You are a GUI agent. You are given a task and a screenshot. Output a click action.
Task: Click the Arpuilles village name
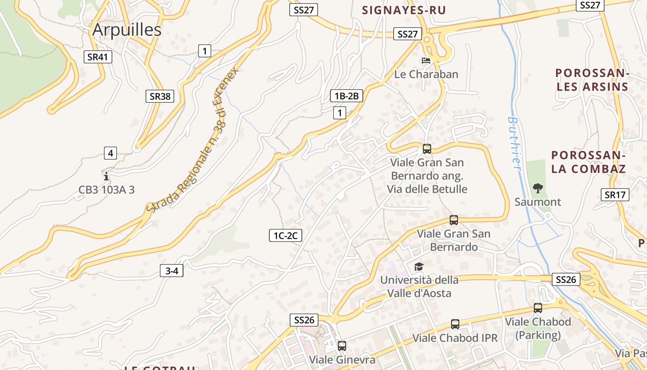[x=127, y=30]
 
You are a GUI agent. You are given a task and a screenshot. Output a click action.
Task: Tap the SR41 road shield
[x=98, y=57]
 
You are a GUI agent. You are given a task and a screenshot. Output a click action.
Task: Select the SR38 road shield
[x=160, y=96]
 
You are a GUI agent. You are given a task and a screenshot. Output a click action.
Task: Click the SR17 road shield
[x=615, y=195]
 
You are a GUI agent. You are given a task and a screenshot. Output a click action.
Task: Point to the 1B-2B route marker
[x=347, y=96]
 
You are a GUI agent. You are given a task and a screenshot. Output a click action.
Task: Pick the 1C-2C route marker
[x=285, y=235]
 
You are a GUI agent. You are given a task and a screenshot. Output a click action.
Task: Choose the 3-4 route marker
[x=171, y=271]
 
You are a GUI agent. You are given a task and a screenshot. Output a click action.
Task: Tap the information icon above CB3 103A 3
[x=106, y=176]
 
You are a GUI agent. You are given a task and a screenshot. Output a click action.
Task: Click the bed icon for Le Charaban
[x=426, y=61]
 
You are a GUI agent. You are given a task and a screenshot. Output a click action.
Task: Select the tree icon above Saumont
[x=537, y=188]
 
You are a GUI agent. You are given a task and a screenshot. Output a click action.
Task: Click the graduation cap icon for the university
[x=419, y=266]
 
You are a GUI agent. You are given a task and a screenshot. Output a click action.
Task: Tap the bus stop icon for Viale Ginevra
[x=342, y=345]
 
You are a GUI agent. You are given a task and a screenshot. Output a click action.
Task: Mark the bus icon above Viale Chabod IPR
[x=455, y=324]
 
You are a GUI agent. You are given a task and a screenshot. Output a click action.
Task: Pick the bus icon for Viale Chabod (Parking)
[x=537, y=308]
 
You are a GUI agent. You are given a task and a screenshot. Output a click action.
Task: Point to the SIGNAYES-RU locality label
[x=404, y=10]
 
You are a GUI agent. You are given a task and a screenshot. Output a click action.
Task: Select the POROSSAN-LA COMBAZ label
[x=588, y=162]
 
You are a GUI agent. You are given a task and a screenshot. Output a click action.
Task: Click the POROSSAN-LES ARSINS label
[x=592, y=80]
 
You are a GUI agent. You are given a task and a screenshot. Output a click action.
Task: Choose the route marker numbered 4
[x=110, y=153]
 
